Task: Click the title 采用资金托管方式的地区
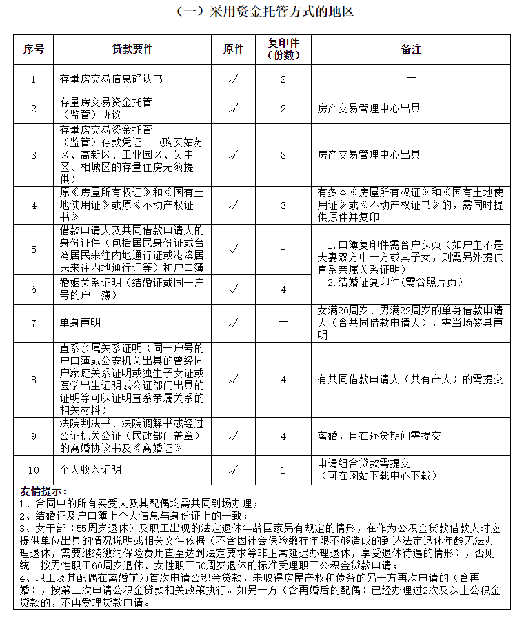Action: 265,12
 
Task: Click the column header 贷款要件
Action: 133,50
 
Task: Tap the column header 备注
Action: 411,50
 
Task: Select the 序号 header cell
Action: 33,50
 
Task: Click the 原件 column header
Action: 234,50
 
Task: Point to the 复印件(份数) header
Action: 283,50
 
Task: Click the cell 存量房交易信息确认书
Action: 112,79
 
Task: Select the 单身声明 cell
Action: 81,323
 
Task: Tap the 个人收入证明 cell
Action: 90,469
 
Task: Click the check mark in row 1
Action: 234,79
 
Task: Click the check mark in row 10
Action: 234,469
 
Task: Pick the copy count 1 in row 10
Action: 283,469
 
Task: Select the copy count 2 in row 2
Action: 283,108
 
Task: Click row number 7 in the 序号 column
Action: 33,323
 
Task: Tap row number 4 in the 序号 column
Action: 33,205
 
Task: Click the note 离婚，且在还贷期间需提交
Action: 379,436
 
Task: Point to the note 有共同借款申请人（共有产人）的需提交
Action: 410,378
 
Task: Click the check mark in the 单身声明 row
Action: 234,323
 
